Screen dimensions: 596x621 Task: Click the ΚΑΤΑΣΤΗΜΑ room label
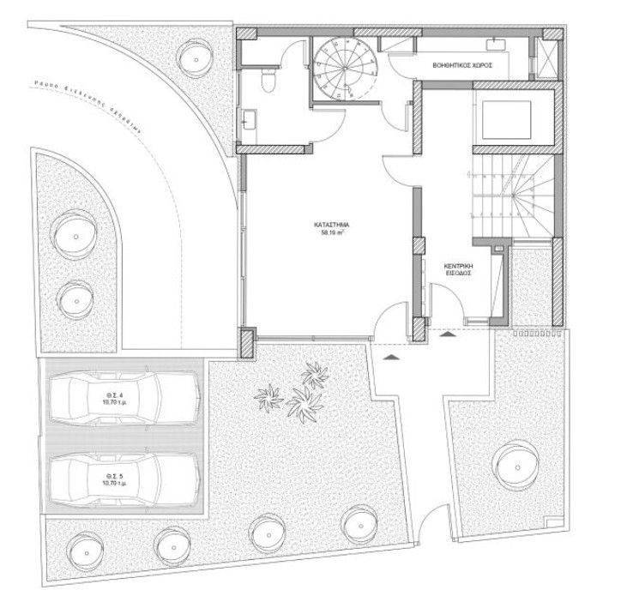pyautogui.click(x=331, y=224)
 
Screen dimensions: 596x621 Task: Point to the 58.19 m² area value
pyautogui.click(x=331, y=232)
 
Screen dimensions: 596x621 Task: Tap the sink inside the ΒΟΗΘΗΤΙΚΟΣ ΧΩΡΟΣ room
pyautogui.click(x=497, y=42)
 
